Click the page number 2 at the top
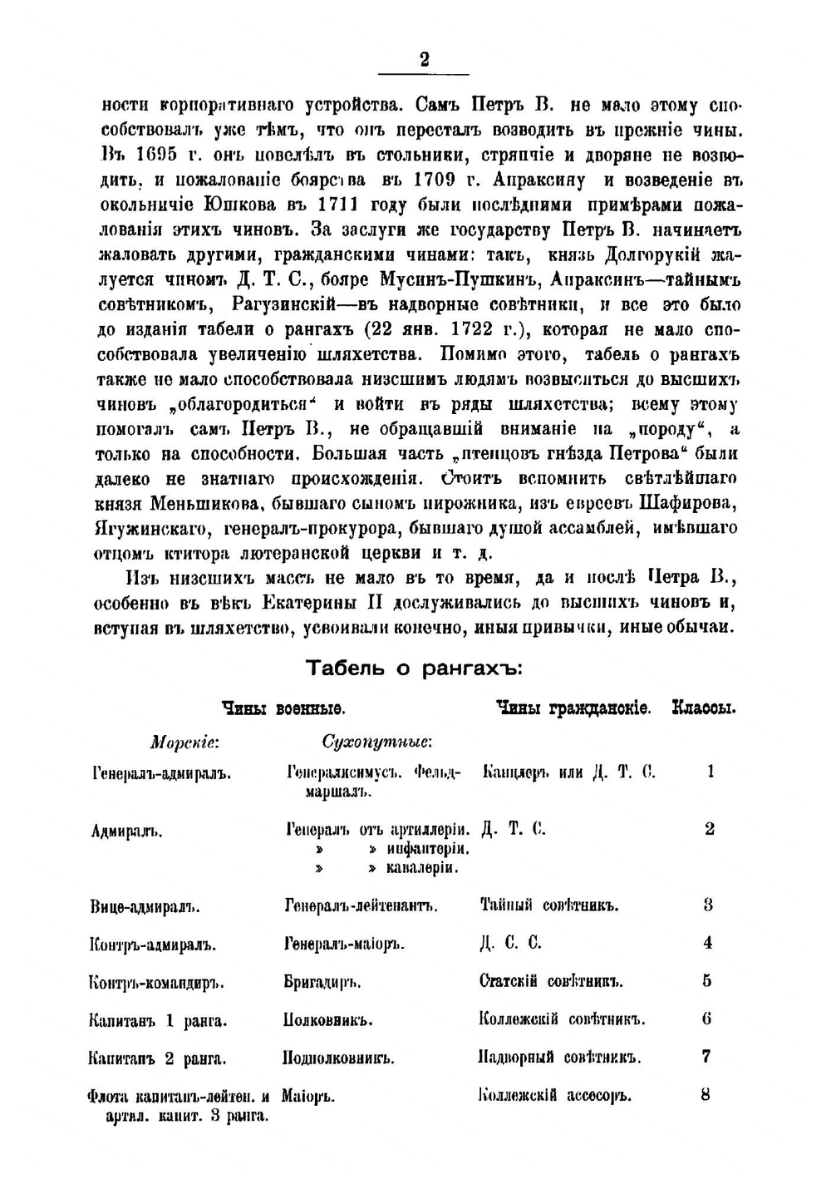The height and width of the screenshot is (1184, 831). [424, 59]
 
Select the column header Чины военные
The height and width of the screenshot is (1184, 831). [283, 709]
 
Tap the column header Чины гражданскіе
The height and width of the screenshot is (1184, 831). [573, 709]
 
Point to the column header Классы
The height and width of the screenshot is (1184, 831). [704, 709]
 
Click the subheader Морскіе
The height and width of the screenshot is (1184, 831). [184, 741]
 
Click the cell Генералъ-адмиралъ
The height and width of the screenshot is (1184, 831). [160, 773]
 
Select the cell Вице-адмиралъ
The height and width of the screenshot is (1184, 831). [145, 905]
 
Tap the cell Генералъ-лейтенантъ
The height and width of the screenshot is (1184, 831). [361, 905]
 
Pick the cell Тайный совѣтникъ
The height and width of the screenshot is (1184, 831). [549, 905]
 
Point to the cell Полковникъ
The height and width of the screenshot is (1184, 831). [327, 1020]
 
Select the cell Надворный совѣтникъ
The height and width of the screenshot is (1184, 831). [560, 1058]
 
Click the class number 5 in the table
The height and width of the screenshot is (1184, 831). [707, 981]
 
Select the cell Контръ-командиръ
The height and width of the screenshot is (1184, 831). [156, 982]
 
